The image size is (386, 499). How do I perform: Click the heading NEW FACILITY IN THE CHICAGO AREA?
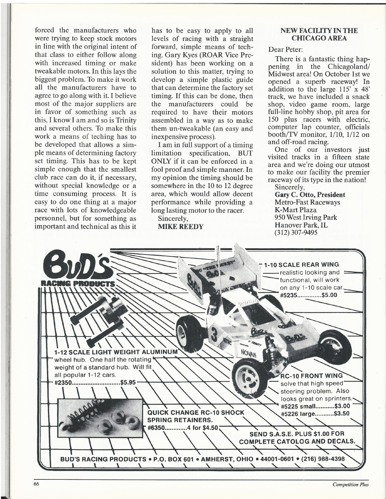pyautogui.click(x=319, y=34)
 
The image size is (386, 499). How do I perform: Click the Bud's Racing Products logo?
pyautogui.click(x=80, y=269)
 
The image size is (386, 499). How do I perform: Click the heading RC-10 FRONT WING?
pyautogui.click(x=311, y=376)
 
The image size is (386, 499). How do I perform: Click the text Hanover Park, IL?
pyautogui.click(x=301, y=225)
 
